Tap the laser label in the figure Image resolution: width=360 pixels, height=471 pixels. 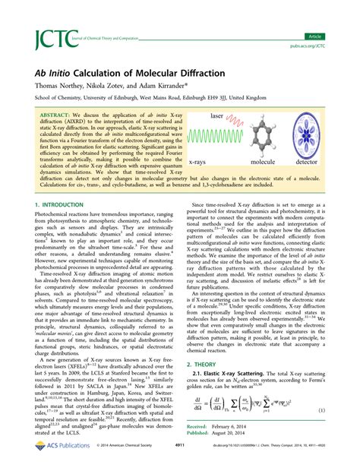point(238,115)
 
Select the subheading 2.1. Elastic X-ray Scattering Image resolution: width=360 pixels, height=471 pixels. point(239,376)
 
